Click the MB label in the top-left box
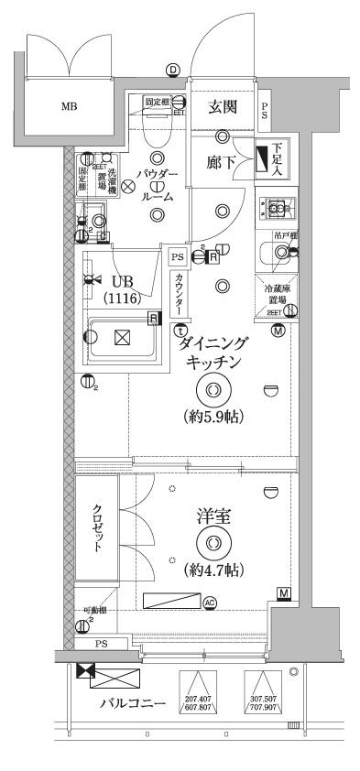coord(70,107)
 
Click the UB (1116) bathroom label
coord(121,289)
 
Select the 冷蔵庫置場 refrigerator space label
coord(276,294)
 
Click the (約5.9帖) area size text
coord(213,417)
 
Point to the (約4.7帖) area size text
coord(213,570)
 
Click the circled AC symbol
coord(210,602)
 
